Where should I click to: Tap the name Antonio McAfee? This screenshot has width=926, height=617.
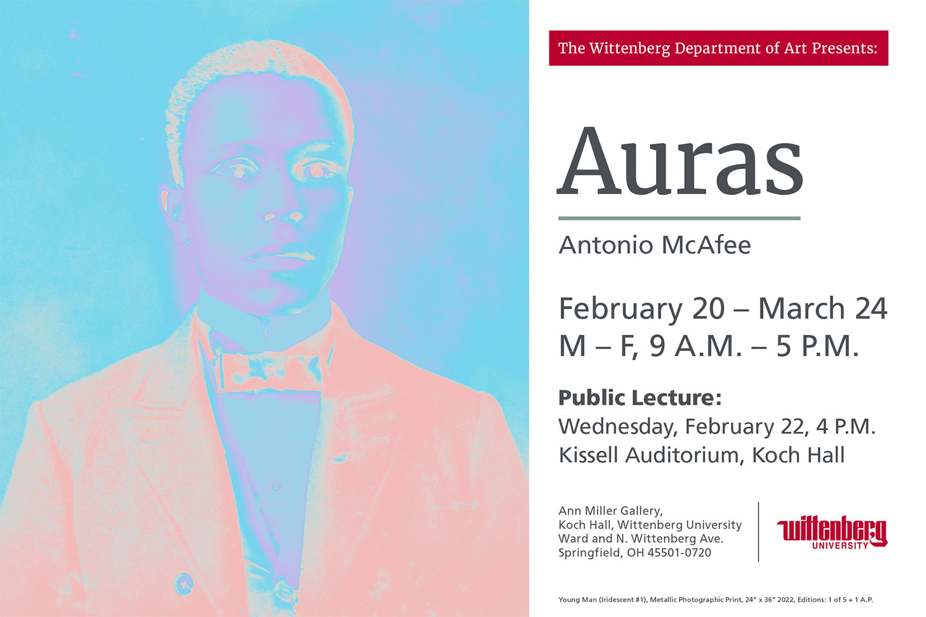[x=654, y=245]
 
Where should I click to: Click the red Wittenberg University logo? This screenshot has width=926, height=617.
[x=832, y=532]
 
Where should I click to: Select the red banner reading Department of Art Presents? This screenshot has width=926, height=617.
[x=719, y=48]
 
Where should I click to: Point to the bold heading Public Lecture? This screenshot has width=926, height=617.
[x=640, y=397]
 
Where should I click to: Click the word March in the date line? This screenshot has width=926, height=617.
[x=801, y=308]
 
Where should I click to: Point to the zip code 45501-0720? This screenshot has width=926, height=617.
[x=679, y=553]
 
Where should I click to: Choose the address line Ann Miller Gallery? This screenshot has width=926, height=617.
[x=611, y=511]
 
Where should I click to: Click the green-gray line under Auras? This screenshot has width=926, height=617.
[x=679, y=218]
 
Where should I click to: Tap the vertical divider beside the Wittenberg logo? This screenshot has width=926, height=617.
[x=759, y=532]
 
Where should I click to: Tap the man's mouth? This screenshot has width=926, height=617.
[x=280, y=252]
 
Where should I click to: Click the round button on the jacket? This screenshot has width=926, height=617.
[x=183, y=584]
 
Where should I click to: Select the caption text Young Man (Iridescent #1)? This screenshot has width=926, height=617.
[x=602, y=600]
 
